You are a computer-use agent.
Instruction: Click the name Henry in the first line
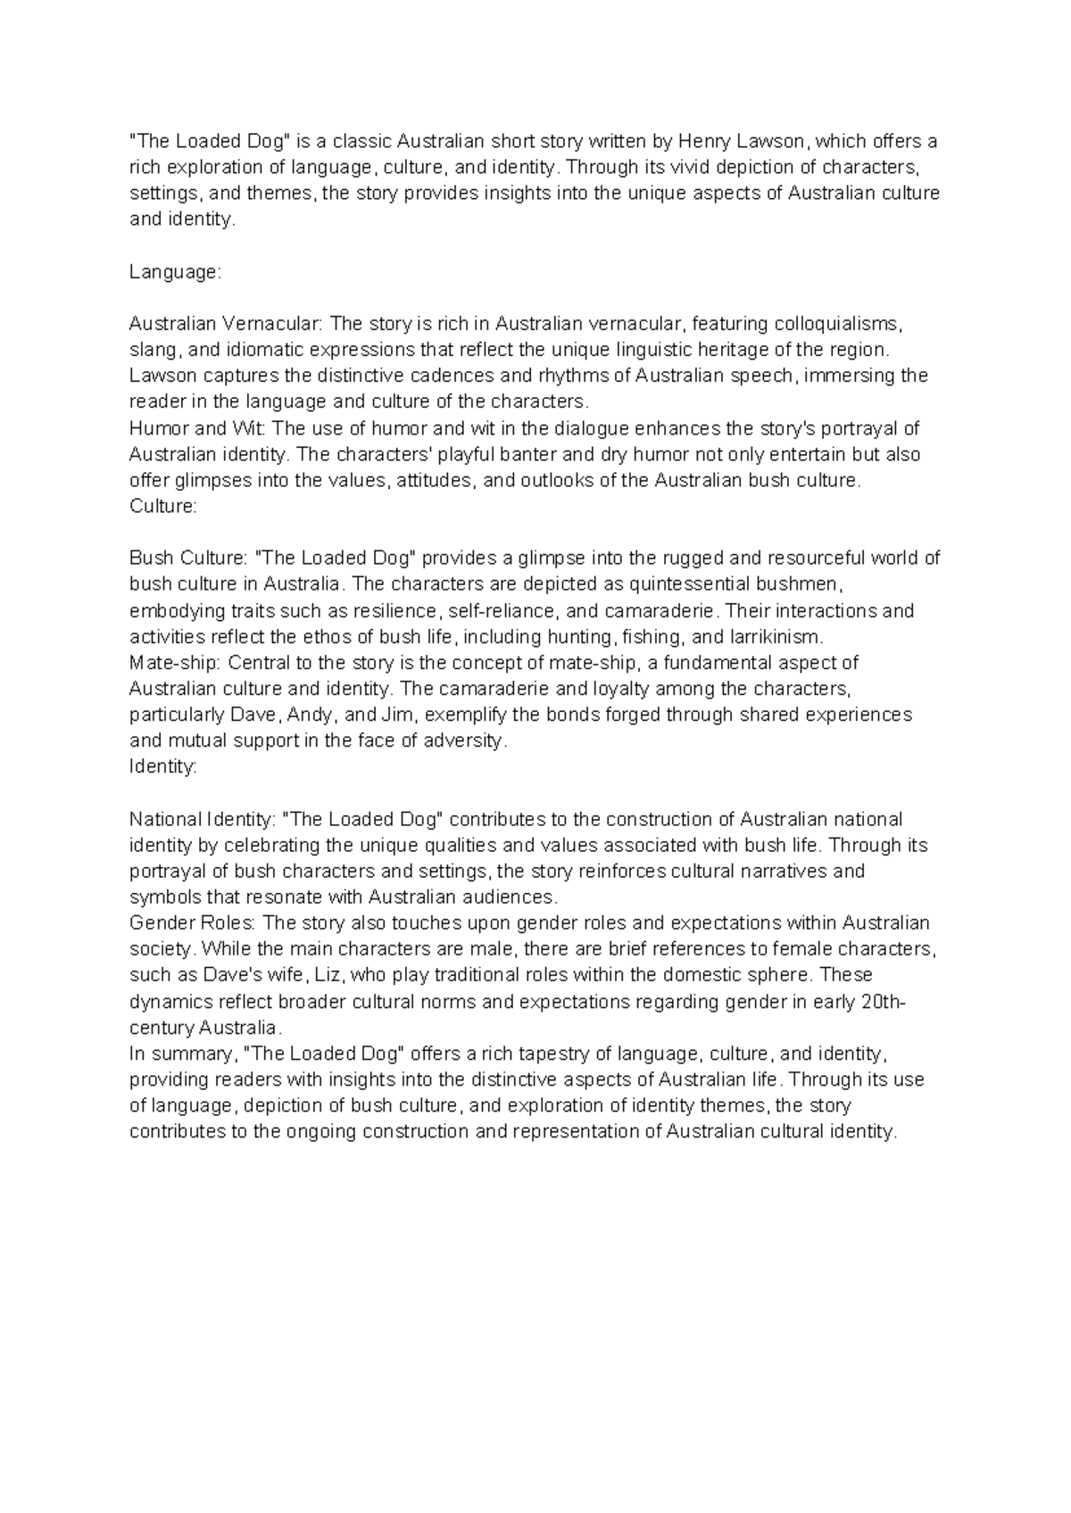703,141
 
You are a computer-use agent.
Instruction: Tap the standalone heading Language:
174,271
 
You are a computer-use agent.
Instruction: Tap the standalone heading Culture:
162,506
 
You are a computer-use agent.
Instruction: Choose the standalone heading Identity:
163,766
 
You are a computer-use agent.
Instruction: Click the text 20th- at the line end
883,1001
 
